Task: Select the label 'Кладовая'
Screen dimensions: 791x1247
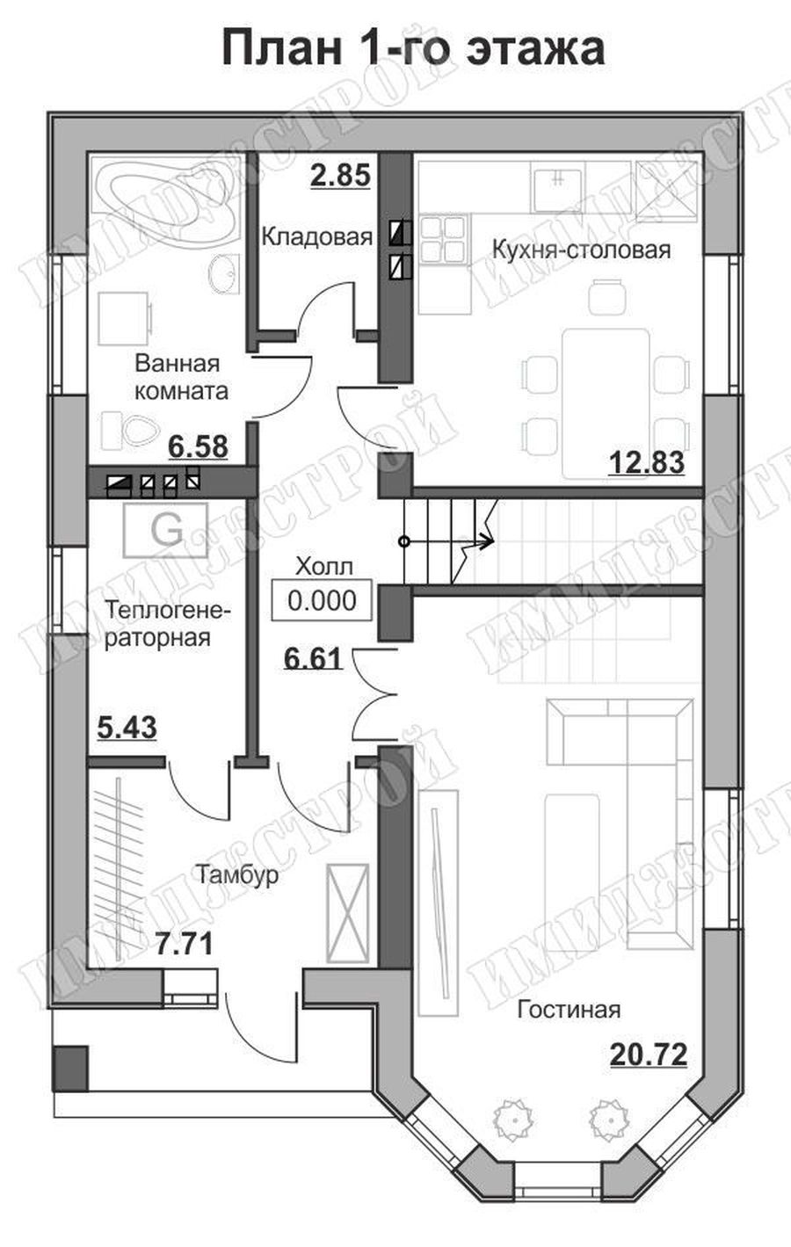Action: [x=316, y=236]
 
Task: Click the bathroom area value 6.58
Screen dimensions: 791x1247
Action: [x=198, y=447]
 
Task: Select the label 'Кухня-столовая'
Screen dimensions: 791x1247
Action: [x=582, y=250]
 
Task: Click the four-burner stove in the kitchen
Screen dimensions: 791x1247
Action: [x=443, y=239]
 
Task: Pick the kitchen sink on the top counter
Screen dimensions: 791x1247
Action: [x=558, y=186]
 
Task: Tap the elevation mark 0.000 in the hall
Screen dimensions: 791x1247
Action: [x=322, y=600]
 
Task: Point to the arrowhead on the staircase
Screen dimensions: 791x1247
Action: [x=487, y=540]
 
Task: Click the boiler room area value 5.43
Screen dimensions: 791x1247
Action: [x=127, y=728]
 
